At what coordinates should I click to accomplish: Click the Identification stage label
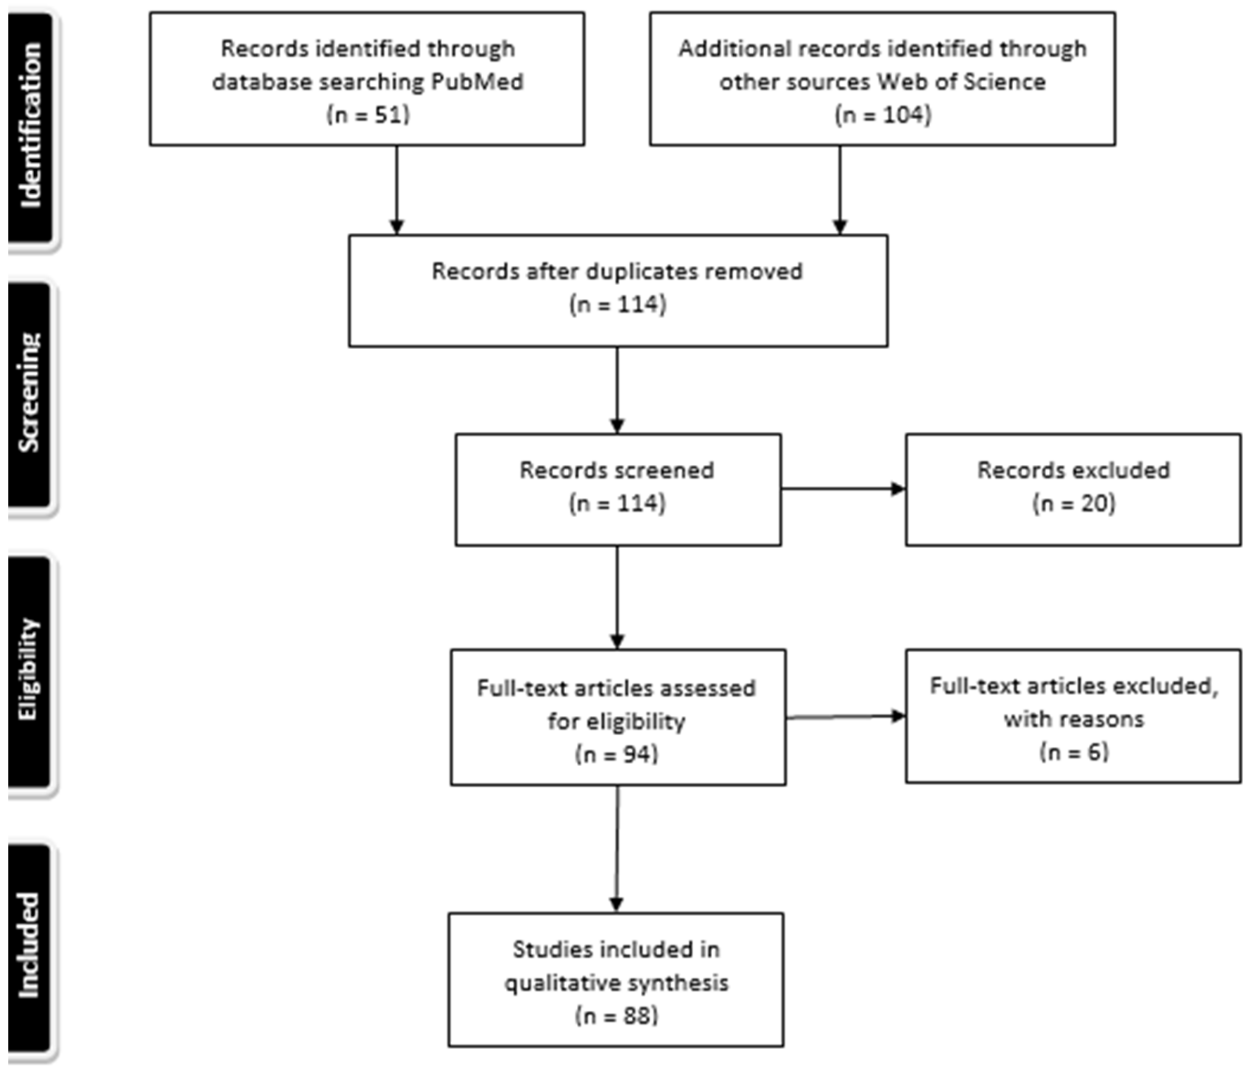[30, 125]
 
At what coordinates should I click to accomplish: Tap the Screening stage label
[29, 392]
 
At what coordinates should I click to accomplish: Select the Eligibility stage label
[28, 670]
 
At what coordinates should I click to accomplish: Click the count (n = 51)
[368, 114]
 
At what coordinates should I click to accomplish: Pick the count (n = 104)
[883, 114]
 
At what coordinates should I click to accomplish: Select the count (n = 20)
[1073, 503]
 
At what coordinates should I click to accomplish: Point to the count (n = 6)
[1074, 752]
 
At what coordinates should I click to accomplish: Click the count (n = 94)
[616, 754]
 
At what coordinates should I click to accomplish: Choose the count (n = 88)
[616, 1016]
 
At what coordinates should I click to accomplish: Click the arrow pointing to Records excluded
[842, 489]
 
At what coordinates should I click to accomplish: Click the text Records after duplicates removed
[617, 271]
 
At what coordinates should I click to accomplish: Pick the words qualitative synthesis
[616, 983]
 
